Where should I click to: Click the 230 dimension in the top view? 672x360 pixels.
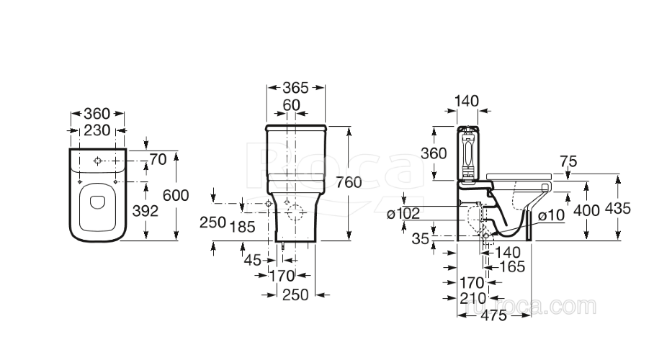click(x=97, y=130)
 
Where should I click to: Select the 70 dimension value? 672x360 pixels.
click(x=158, y=158)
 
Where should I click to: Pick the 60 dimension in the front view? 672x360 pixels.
click(x=291, y=106)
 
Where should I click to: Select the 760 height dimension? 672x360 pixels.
click(x=349, y=182)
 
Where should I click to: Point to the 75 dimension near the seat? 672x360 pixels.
click(x=568, y=163)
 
